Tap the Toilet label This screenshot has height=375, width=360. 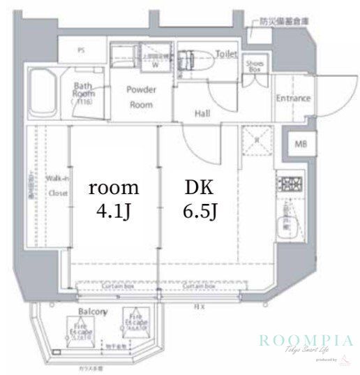[x=227, y=52]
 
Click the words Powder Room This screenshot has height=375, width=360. [x=141, y=96]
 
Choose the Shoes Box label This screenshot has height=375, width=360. [x=253, y=66]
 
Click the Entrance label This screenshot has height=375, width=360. [x=293, y=98]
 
